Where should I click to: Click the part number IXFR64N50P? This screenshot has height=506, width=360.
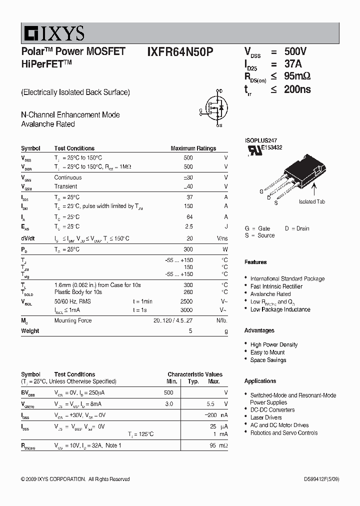tap(180, 52)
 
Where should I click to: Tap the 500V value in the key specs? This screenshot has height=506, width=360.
tap(295, 52)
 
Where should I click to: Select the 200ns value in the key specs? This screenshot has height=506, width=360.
tap(297, 89)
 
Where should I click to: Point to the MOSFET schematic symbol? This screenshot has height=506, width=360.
tap(215, 108)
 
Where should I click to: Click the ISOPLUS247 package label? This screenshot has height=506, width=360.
tap(260, 141)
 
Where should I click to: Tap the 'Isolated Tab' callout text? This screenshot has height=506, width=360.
tap(312, 201)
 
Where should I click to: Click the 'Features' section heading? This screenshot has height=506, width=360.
tap(255, 262)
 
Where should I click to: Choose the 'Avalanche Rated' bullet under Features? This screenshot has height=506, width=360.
tap(270, 294)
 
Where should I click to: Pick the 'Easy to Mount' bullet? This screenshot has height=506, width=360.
tap(267, 352)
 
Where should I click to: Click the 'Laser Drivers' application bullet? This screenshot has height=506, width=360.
tap(266, 417)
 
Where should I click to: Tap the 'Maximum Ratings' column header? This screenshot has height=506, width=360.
tap(193, 148)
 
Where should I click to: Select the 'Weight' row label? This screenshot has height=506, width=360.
tap(30, 331)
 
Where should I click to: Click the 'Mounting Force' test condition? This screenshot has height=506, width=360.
tap(72, 320)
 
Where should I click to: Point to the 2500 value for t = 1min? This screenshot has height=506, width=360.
tap(186, 301)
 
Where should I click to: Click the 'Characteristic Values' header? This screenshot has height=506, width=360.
tap(195, 374)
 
